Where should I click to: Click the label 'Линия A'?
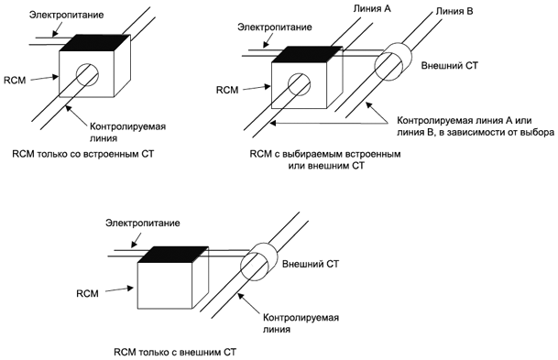click(372, 8)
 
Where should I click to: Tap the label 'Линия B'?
click(454, 11)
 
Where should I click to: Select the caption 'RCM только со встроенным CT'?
click(83, 154)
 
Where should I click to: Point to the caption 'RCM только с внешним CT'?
click(175, 352)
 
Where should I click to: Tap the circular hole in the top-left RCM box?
click(87, 75)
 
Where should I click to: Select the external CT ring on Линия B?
click(393, 62)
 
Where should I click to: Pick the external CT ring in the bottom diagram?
click(258, 261)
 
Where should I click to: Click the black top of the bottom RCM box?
click(173, 255)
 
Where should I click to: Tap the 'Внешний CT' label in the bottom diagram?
click(311, 264)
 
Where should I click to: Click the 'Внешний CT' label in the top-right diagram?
click(450, 65)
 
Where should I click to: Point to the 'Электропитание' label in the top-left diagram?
click(67, 15)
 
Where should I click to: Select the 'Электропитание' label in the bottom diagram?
click(143, 223)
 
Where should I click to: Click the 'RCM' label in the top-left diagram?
click(15, 80)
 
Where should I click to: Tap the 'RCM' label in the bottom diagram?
click(88, 293)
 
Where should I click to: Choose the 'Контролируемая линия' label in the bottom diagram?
click(301, 323)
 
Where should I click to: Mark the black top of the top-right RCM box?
click(307, 54)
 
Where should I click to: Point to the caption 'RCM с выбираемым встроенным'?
click(325, 154)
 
